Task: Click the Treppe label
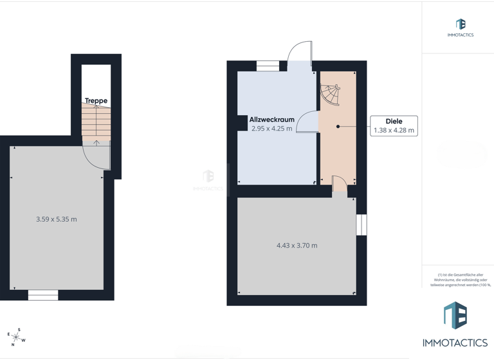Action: click(x=96, y=101)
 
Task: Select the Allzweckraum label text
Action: click(x=271, y=120)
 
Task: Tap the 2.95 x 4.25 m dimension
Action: click(x=271, y=129)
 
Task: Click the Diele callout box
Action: click(x=394, y=125)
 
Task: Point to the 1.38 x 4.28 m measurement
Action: click(x=394, y=130)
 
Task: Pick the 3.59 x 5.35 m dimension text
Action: click(x=57, y=219)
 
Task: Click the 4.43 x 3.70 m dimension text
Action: click(x=297, y=246)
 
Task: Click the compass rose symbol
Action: click(x=16, y=336)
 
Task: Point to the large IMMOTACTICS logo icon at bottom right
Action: click(x=455, y=316)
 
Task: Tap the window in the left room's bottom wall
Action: click(x=43, y=295)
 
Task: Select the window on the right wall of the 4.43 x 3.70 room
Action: click(x=361, y=225)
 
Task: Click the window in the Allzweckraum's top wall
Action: click(x=268, y=66)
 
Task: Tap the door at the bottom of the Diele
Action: click(x=339, y=184)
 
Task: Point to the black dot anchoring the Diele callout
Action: click(x=338, y=127)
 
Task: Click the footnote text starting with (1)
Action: click(x=459, y=280)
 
